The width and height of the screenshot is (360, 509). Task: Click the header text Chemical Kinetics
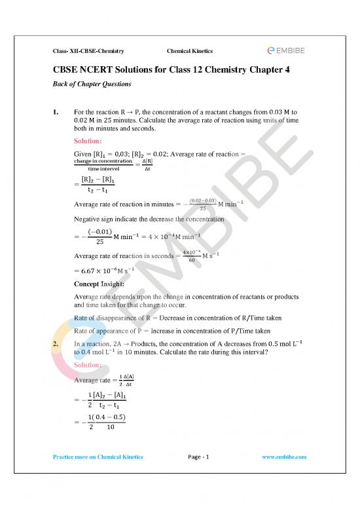coord(189,50)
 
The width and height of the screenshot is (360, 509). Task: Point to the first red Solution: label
coord(93,141)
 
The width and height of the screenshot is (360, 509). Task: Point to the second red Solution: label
coord(93,364)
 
